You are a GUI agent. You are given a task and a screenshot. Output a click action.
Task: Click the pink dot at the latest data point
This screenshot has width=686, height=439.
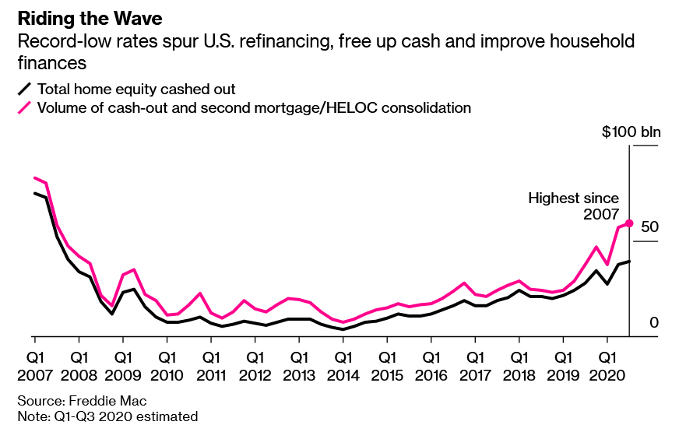tap(629, 223)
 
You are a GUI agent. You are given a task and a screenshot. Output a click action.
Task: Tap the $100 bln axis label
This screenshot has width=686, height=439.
tap(631, 132)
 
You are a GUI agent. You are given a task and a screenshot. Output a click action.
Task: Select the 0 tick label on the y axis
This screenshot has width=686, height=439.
tap(655, 322)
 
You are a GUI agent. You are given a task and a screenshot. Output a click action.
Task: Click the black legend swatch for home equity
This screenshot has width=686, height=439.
tap(26, 89)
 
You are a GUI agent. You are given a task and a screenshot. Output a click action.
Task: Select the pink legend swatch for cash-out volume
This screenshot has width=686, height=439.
tap(26, 107)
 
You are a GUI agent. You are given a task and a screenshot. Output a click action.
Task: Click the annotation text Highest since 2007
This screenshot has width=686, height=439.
tap(574, 206)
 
